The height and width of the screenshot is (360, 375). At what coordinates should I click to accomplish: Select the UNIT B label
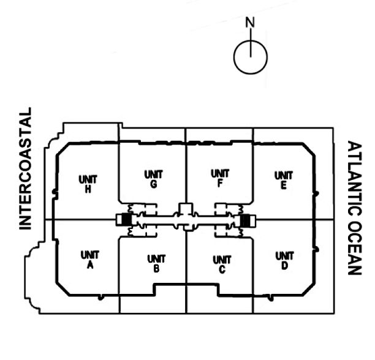[156, 263]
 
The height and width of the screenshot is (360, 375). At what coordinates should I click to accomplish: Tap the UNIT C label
[221, 263]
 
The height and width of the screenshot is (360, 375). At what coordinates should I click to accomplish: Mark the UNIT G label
[153, 179]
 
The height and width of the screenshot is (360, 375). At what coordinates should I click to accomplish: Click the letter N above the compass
[249, 23]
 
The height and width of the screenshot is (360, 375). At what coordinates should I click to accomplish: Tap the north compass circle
[250, 56]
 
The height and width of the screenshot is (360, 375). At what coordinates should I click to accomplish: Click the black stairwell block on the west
[127, 219]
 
